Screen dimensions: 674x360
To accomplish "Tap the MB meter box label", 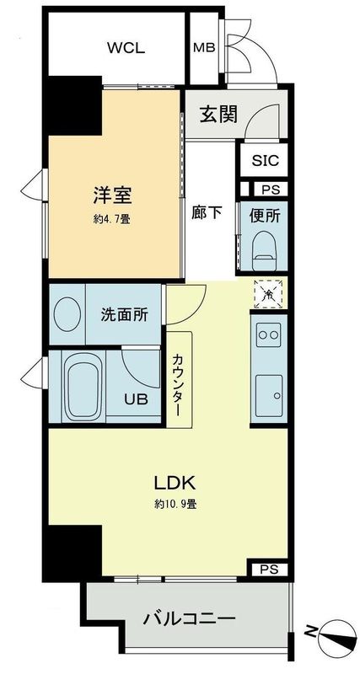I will [204, 47].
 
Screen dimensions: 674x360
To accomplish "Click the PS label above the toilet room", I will [271, 190].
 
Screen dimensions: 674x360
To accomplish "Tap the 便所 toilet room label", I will [265, 215].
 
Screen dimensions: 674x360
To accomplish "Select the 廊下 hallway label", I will [207, 212].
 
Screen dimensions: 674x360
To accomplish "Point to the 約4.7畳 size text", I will [111, 219].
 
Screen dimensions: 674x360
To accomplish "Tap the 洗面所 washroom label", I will [124, 315].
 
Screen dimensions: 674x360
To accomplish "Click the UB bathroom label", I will [136, 399].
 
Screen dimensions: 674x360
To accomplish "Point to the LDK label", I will [175, 484].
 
